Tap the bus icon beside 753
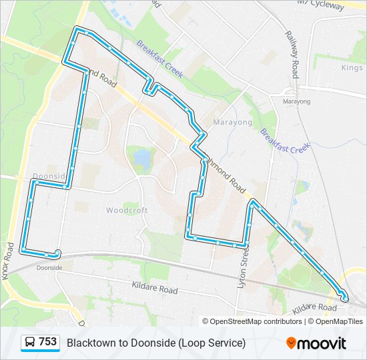[x=31, y=342]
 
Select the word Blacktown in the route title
[x=89, y=343]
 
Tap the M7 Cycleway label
[x=321, y=5]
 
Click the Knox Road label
[x=9, y=260]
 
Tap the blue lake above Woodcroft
[x=142, y=159]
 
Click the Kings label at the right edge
[x=352, y=68]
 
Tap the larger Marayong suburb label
[x=233, y=123]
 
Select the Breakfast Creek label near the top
[x=160, y=59]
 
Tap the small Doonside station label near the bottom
[x=49, y=267]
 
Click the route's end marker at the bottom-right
[x=344, y=298]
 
